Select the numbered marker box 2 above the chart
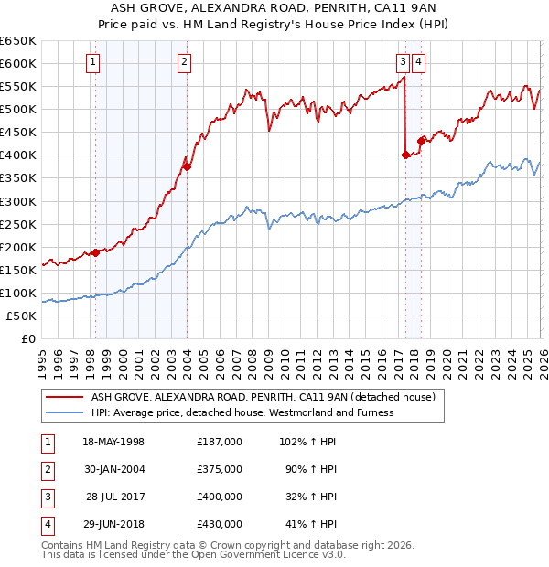click(185, 62)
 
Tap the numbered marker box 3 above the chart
click(403, 62)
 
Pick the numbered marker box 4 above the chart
click(418, 62)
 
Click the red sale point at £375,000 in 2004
click(187, 166)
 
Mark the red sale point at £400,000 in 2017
click(405, 155)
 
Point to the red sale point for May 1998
click(95, 252)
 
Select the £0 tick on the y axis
click(30, 338)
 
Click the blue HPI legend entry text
click(242, 412)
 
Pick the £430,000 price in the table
click(220, 525)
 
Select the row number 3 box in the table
click(47, 497)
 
